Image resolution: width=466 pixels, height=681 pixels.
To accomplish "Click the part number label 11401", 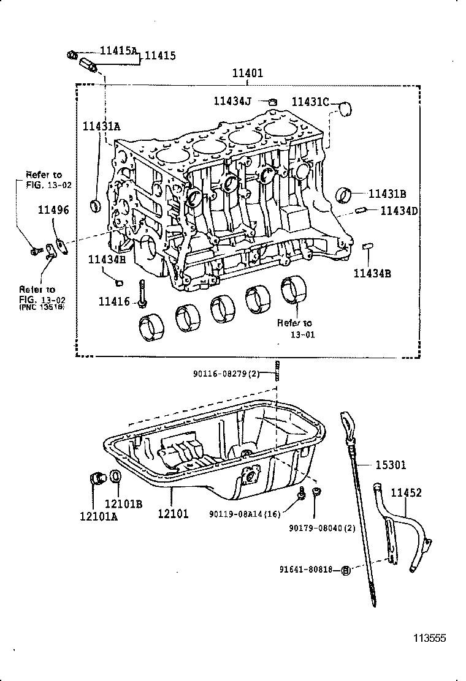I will pos(247,73).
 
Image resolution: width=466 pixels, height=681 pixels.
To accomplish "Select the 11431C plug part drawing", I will pos(346,109).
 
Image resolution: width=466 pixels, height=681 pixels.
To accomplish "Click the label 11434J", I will pos(232,101).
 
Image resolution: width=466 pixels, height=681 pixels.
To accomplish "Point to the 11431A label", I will pos(101,126).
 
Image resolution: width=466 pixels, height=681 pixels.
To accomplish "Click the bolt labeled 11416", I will pos(142,293).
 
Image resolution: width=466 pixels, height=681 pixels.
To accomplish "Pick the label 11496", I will pos(53,210).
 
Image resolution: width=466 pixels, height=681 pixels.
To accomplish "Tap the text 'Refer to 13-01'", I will pos(294,329).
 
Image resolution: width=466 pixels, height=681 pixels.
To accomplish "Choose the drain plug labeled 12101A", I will pos(96,478).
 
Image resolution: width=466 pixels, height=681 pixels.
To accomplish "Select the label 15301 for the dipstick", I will pos(390,465).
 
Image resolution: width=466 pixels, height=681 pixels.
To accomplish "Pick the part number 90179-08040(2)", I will pos(322,527).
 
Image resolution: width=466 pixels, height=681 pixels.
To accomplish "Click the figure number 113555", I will pos(428,638).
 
